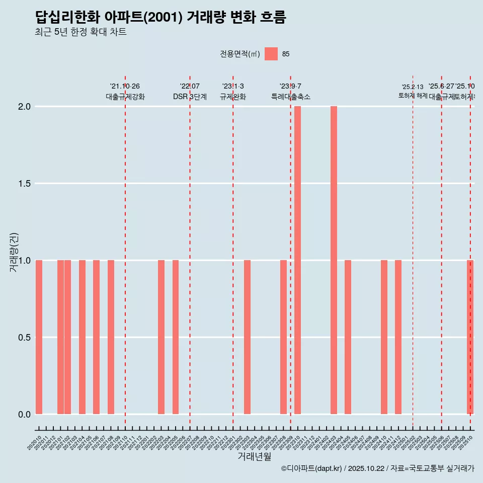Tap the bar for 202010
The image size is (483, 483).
(39, 337)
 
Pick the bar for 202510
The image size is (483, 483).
(470, 337)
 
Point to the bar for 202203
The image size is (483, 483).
(161, 337)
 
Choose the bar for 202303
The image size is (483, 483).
(247, 337)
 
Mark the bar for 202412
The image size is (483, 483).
(398, 337)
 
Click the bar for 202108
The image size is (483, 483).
(111, 337)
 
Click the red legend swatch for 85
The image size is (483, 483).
(271, 54)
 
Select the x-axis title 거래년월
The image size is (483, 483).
(254, 457)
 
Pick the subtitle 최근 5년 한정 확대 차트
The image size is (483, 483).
(80, 32)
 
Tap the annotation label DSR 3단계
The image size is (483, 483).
(190, 97)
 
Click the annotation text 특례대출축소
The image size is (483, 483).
(290, 97)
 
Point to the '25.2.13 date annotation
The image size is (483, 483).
(413, 87)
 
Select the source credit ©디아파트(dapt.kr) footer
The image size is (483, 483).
(377, 468)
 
